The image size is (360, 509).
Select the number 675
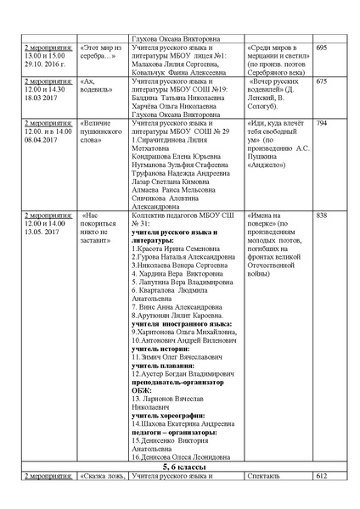click(321, 81)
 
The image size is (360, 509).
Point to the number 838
click(321, 215)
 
